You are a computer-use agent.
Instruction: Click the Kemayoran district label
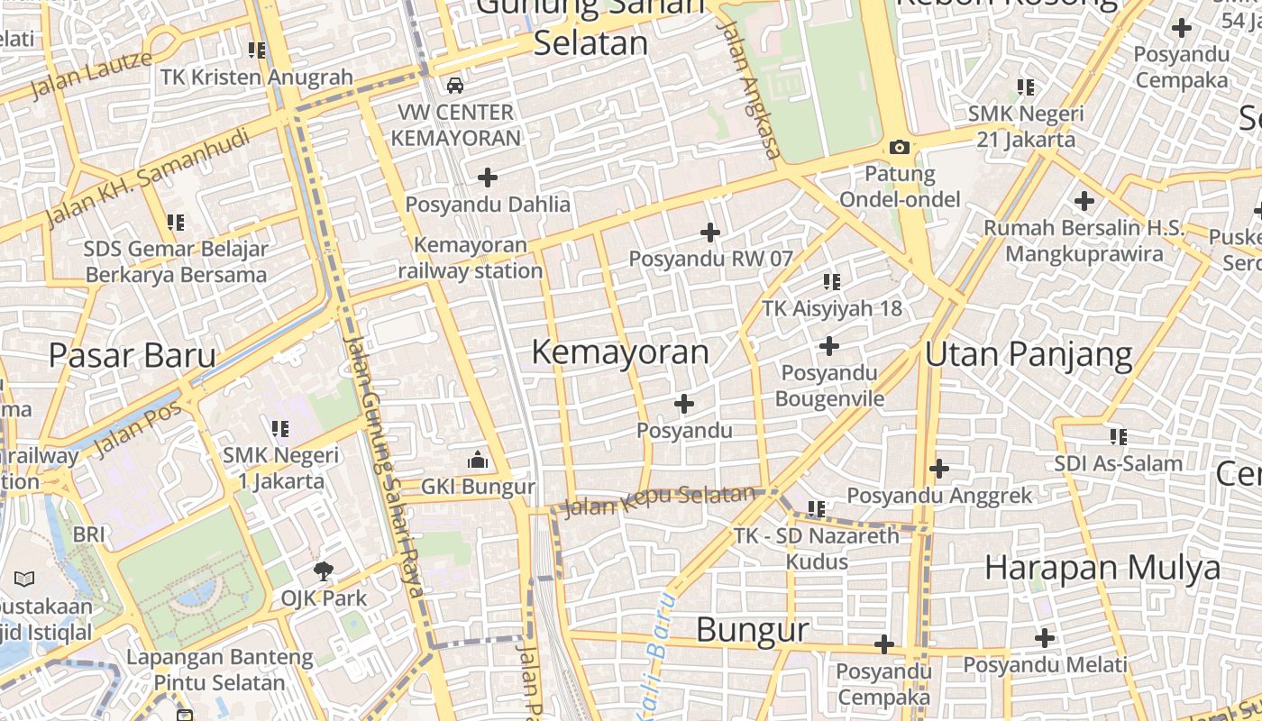(620, 351)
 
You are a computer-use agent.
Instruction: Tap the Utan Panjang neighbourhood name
(1029, 354)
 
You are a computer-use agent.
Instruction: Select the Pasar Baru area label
(133, 355)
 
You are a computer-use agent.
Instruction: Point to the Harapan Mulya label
(1102, 568)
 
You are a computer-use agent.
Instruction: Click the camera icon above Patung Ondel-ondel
(899, 147)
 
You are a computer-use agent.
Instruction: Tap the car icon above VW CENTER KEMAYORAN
(455, 86)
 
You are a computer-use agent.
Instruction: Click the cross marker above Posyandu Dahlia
(488, 177)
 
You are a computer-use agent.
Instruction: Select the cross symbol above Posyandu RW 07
(710, 233)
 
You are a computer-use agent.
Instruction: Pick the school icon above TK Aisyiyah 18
(831, 282)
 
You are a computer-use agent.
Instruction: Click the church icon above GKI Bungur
(478, 461)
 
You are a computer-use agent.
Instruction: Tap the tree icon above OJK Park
(324, 570)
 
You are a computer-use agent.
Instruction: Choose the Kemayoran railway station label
(470, 258)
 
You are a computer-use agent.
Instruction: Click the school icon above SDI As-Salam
(1119, 437)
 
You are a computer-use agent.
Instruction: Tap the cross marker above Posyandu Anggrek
(939, 469)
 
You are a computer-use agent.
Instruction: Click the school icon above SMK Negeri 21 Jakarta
(1026, 87)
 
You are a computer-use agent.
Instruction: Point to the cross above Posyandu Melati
(1045, 638)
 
